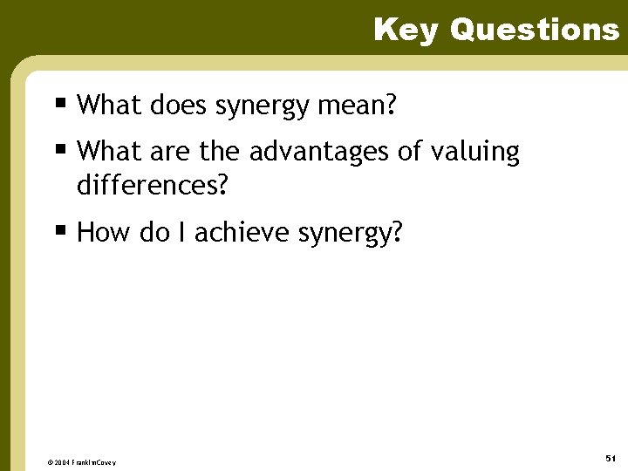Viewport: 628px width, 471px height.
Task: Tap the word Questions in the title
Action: pyautogui.click(x=534, y=30)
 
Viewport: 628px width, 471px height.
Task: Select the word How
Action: pyautogui.click(x=100, y=233)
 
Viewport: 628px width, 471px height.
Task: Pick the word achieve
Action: pyautogui.click(x=243, y=233)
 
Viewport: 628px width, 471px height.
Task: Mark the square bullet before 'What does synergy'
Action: pyautogui.click(x=60, y=104)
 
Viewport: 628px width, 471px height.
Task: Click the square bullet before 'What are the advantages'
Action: pyautogui.click(x=60, y=150)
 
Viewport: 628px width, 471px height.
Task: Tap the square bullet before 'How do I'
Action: pyautogui.click(x=60, y=231)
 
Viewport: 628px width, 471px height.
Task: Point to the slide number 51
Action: pyautogui.click(x=611, y=458)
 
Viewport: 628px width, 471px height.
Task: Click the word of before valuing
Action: pyautogui.click(x=409, y=153)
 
